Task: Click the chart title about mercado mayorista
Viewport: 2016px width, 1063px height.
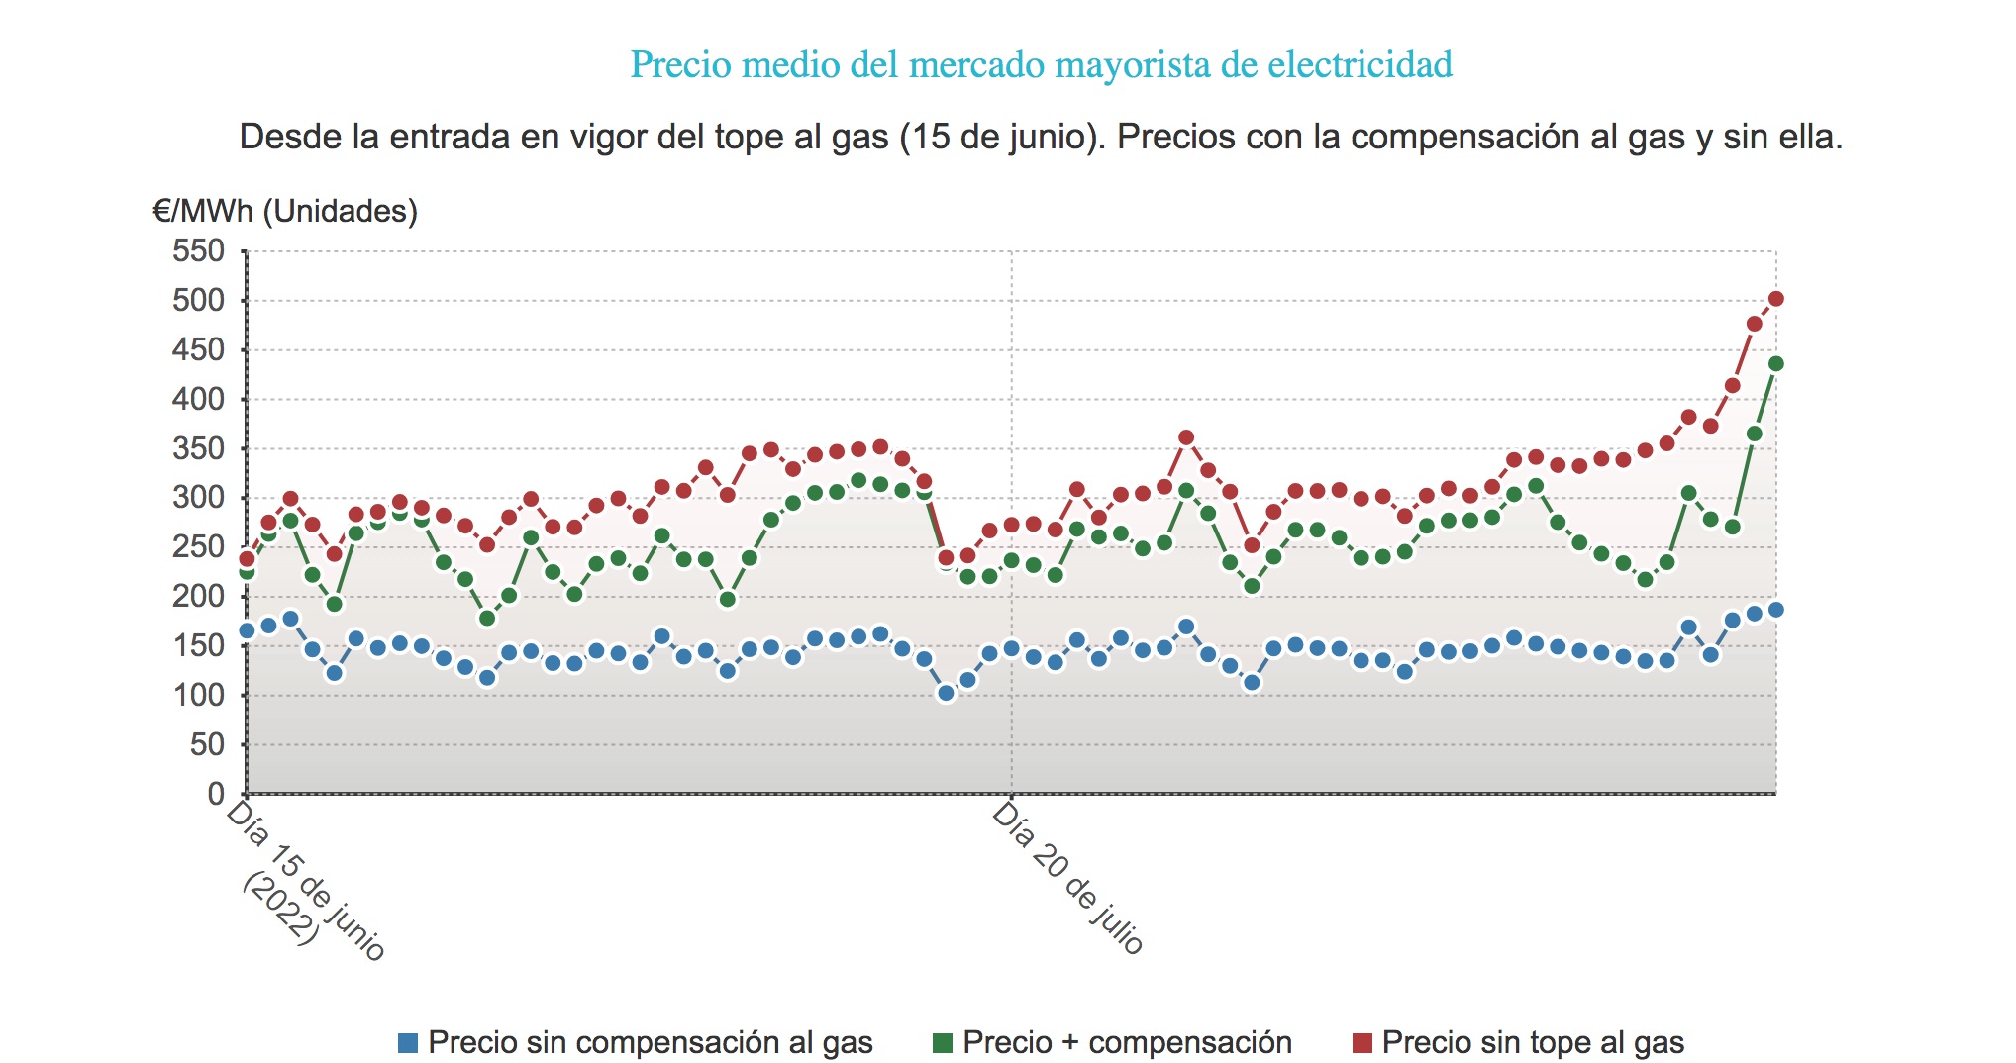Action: click(x=1041, y=65)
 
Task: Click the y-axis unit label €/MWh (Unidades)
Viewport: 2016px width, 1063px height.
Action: click(x=285, y=211)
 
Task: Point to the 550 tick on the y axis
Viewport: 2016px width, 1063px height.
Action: click(x=199, y=251)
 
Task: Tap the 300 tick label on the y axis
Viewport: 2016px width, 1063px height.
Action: click(x=199, y=498)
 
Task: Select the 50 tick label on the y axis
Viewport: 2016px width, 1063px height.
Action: click(x=207, y=744)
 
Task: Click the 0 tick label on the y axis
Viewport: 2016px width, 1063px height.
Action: click(x=216, y=794)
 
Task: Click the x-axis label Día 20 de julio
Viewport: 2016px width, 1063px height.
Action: click(x=1068, y=877)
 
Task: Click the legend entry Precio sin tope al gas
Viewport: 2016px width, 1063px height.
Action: click(x=1532, y=1042)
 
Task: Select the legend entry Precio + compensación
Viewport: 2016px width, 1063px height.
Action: click(x=1126, y=1042)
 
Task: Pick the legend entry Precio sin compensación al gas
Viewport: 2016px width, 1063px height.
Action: click(x=650, y=1042)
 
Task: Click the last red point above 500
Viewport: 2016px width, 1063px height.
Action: click(x=1776, y=299)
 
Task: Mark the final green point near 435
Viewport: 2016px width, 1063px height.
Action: click(x=1776, y=364)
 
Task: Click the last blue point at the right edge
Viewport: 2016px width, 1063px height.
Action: click(x=1776, y=610)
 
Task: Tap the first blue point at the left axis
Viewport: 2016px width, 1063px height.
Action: click(x=247, y=631)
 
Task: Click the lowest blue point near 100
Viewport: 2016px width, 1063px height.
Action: click(x=946, y=694)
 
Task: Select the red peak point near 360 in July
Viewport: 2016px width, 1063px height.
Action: click(x=1186, y=437)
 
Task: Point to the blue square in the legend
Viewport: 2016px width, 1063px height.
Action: click(x=407, y=1042)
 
